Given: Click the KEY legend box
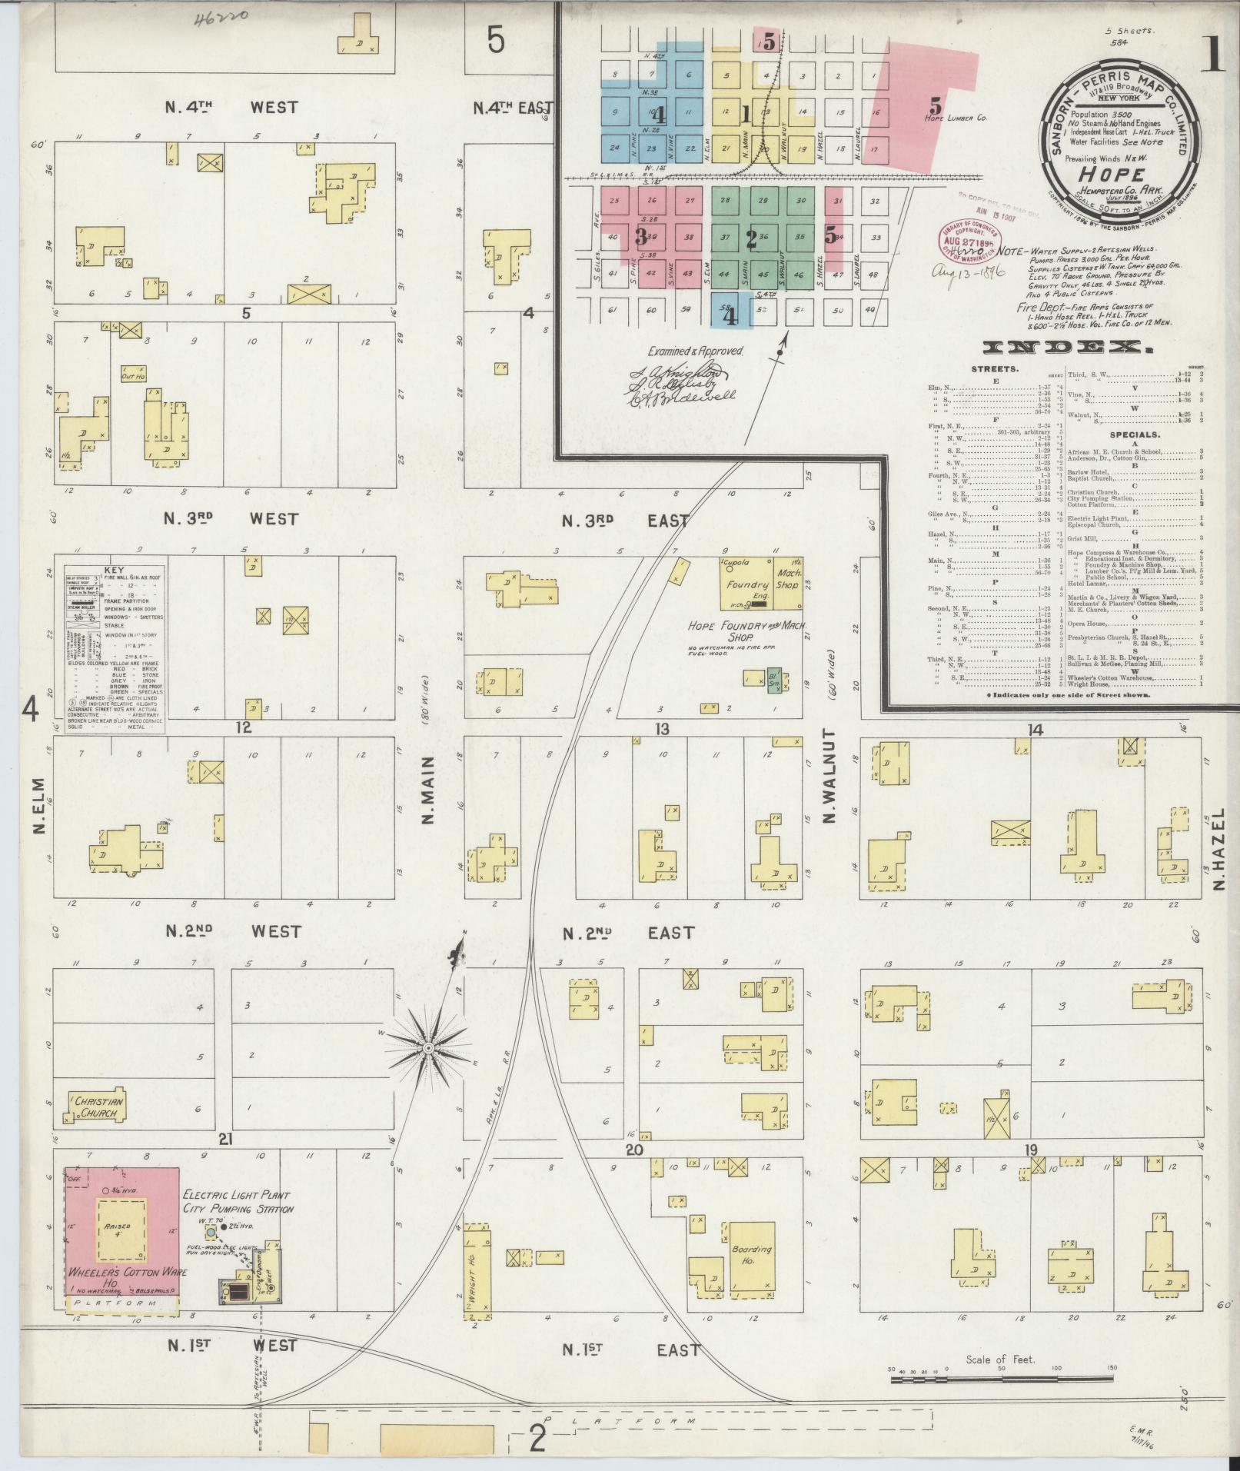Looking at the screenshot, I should [x=114, y=644].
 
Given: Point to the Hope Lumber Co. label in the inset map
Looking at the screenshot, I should [x=956, y=118].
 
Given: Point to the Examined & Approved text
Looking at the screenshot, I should [x=695, y=351].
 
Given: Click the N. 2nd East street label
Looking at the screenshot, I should [x=628, y=933].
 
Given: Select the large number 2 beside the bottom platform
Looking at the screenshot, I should [x=538, y=1438].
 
